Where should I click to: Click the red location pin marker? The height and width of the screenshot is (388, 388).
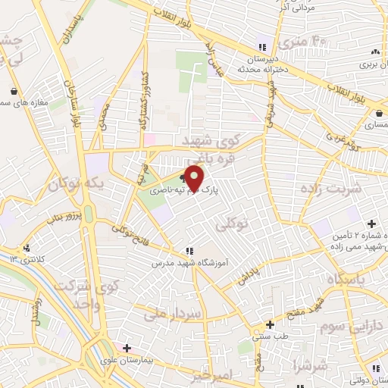(x=196, y=178)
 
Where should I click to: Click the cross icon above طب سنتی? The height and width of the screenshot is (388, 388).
(x=269, y=324)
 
